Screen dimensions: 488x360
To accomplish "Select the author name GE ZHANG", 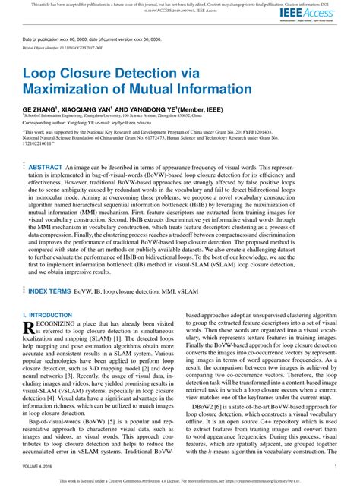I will coord(40,109).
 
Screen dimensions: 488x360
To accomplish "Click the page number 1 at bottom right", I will coord(335,466).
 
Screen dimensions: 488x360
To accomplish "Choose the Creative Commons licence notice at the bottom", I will coord(179,480).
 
